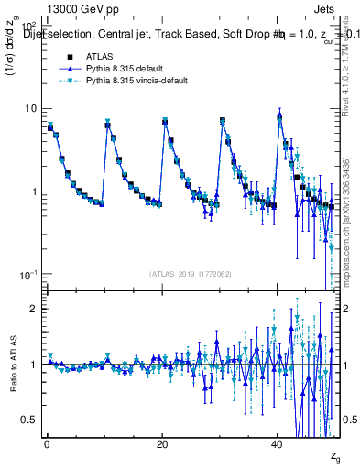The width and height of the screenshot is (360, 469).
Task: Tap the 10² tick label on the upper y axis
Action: click(28, 27)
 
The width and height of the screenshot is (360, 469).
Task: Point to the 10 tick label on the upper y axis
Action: click(32, 108)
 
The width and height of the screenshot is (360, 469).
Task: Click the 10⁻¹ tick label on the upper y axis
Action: click(28, 276)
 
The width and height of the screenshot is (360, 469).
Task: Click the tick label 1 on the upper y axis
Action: click(35, 192)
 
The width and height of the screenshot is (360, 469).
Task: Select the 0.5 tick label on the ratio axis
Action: click(30, 420)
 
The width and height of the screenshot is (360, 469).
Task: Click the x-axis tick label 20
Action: click(162, 444)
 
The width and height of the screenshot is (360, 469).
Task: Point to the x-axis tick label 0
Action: click(47, 444)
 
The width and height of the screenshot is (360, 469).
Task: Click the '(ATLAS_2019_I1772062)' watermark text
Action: click(191, 274)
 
